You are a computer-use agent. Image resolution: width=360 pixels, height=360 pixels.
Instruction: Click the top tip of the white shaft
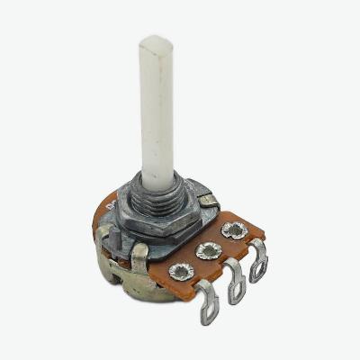pos(157,40)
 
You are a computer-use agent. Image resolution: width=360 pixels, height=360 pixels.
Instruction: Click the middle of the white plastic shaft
pos(157,108)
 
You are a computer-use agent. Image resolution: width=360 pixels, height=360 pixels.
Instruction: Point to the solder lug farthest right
pos(259,262)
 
